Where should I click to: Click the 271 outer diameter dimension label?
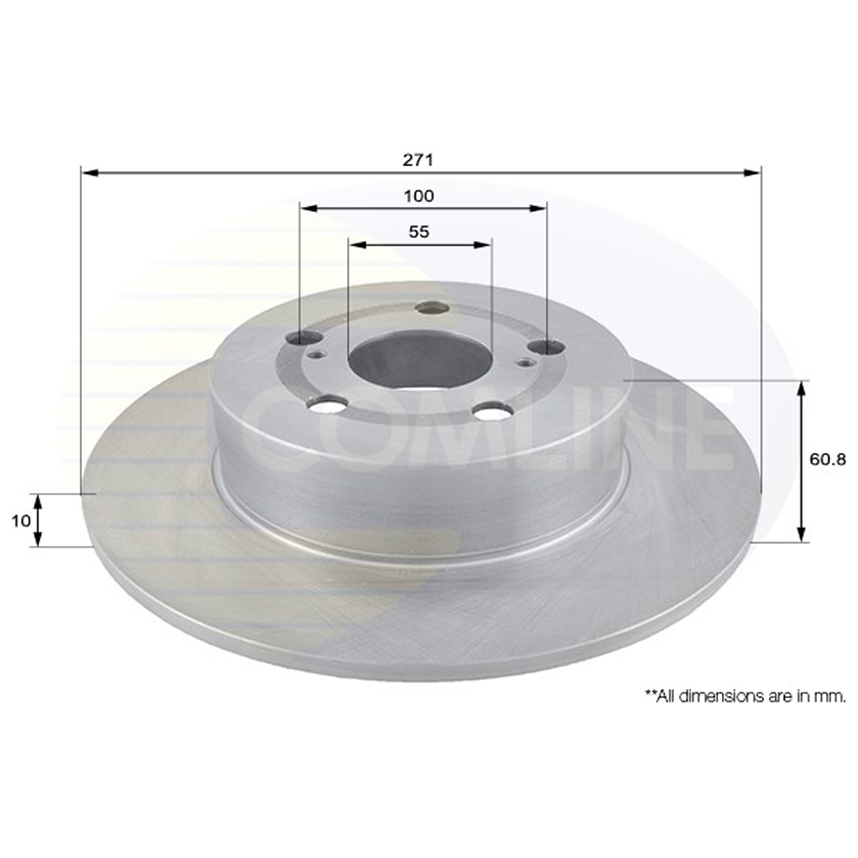pos(418,160)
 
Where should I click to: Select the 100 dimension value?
pos(419,196)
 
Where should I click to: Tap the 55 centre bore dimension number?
pos(419,232)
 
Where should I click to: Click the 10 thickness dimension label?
pos(21,521)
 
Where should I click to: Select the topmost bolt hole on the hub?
pos(432,308)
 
